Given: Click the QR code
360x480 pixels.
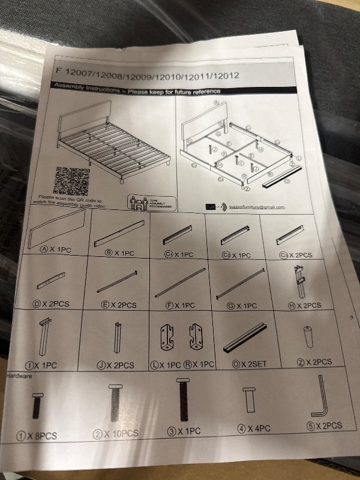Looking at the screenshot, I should [x=71, y=180].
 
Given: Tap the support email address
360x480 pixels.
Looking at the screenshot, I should [x=255, y=207].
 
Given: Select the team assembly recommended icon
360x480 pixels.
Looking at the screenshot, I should [x=152, y=202].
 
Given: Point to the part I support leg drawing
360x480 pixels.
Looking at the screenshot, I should [x=45, y=339].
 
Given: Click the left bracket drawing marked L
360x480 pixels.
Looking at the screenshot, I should [x=168, y=340].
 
